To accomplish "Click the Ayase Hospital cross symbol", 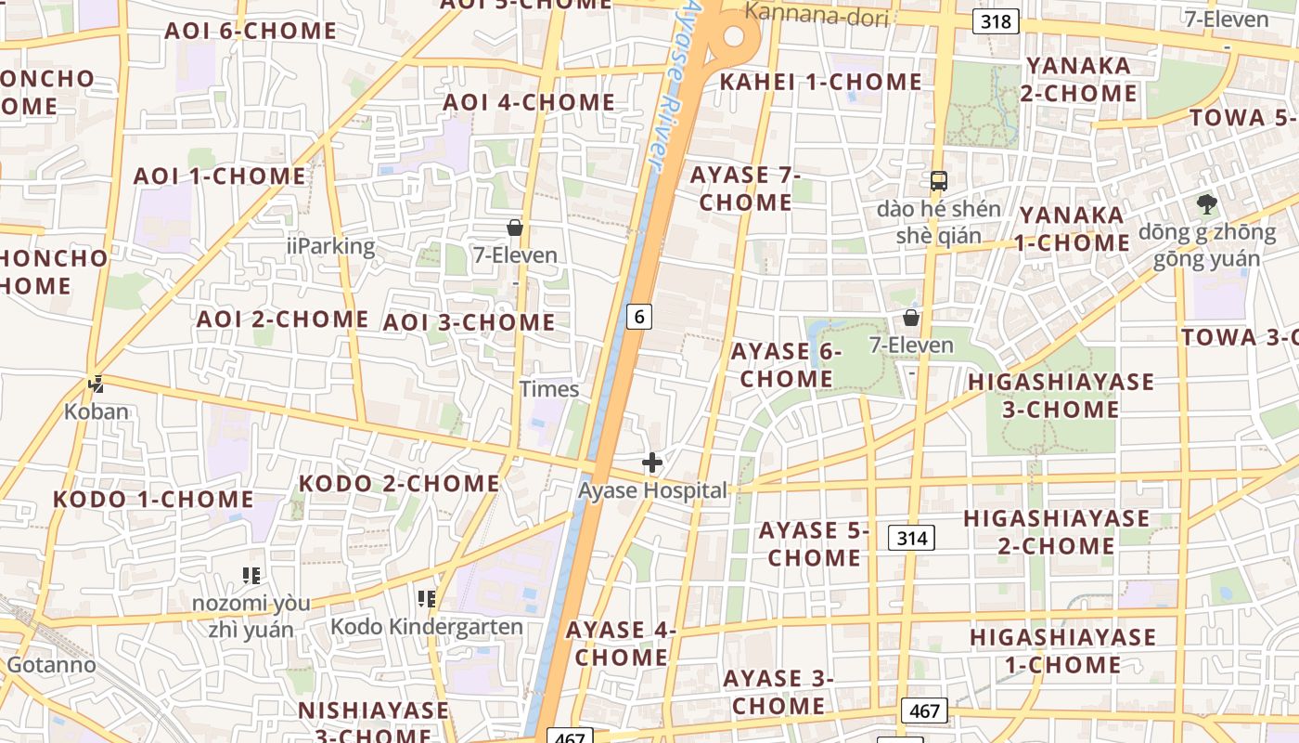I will (x=652, y=462).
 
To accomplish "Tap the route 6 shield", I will (x=638, y=317).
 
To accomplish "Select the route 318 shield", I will (x=996, y=20).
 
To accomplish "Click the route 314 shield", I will (x=911, y=537).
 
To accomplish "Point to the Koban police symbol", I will (x=96, y=383).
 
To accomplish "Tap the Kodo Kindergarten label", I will (x=427, y=627).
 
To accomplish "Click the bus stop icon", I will (x=939, y=180).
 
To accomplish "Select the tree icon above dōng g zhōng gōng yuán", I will (x=1206, y=204).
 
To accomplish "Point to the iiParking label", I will (x=331, y=246).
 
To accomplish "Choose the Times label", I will (x=549, y=389).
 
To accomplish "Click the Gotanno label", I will (x=51, y=665).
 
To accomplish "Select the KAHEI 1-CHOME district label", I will (x=821, y=82).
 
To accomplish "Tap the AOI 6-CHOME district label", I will (x=251, y=31).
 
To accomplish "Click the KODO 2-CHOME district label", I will (x=399, y=483).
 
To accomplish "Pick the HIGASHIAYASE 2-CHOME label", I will (x=1057, y=531).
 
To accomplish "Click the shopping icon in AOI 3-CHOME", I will (x=515, y=228).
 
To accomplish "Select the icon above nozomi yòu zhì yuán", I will (x=251, y=576).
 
